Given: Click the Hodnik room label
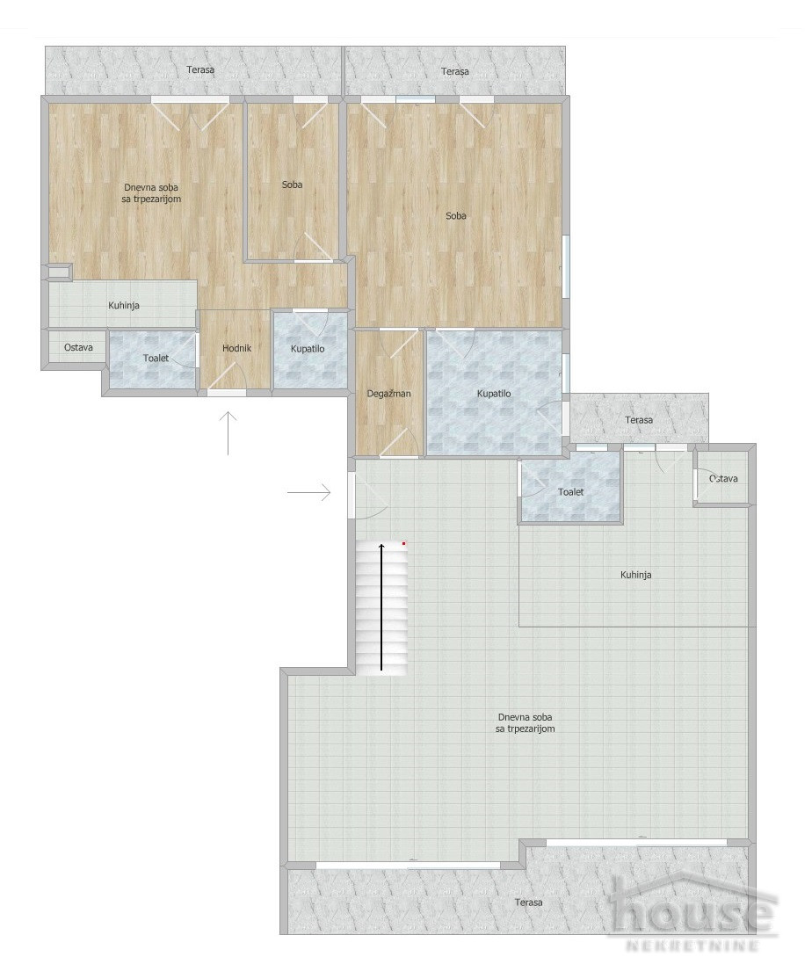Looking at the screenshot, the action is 236,348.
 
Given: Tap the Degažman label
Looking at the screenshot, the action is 388,394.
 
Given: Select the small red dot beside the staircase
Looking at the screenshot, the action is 404,544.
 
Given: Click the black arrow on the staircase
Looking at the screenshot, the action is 381,607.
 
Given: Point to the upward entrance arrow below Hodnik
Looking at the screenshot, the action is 228,432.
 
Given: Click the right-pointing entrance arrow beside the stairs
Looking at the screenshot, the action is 308,493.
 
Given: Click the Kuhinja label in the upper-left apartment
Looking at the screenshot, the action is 124,305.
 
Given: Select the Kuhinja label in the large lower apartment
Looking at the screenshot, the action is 636,575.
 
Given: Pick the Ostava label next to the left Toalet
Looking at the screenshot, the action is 78,347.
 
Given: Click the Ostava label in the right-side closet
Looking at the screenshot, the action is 723,479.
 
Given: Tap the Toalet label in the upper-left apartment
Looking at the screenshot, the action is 156,359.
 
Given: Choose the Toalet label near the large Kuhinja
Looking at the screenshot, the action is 571,492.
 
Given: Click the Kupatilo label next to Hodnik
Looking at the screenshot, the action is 308,349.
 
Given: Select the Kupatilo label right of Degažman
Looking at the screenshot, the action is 494,394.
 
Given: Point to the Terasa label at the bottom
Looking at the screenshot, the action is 529,903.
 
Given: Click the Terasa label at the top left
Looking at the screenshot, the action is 200,69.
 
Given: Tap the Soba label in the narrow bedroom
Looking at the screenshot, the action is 292,185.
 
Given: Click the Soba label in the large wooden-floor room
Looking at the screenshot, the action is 455,216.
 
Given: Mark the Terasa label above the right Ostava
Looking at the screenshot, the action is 639,420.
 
